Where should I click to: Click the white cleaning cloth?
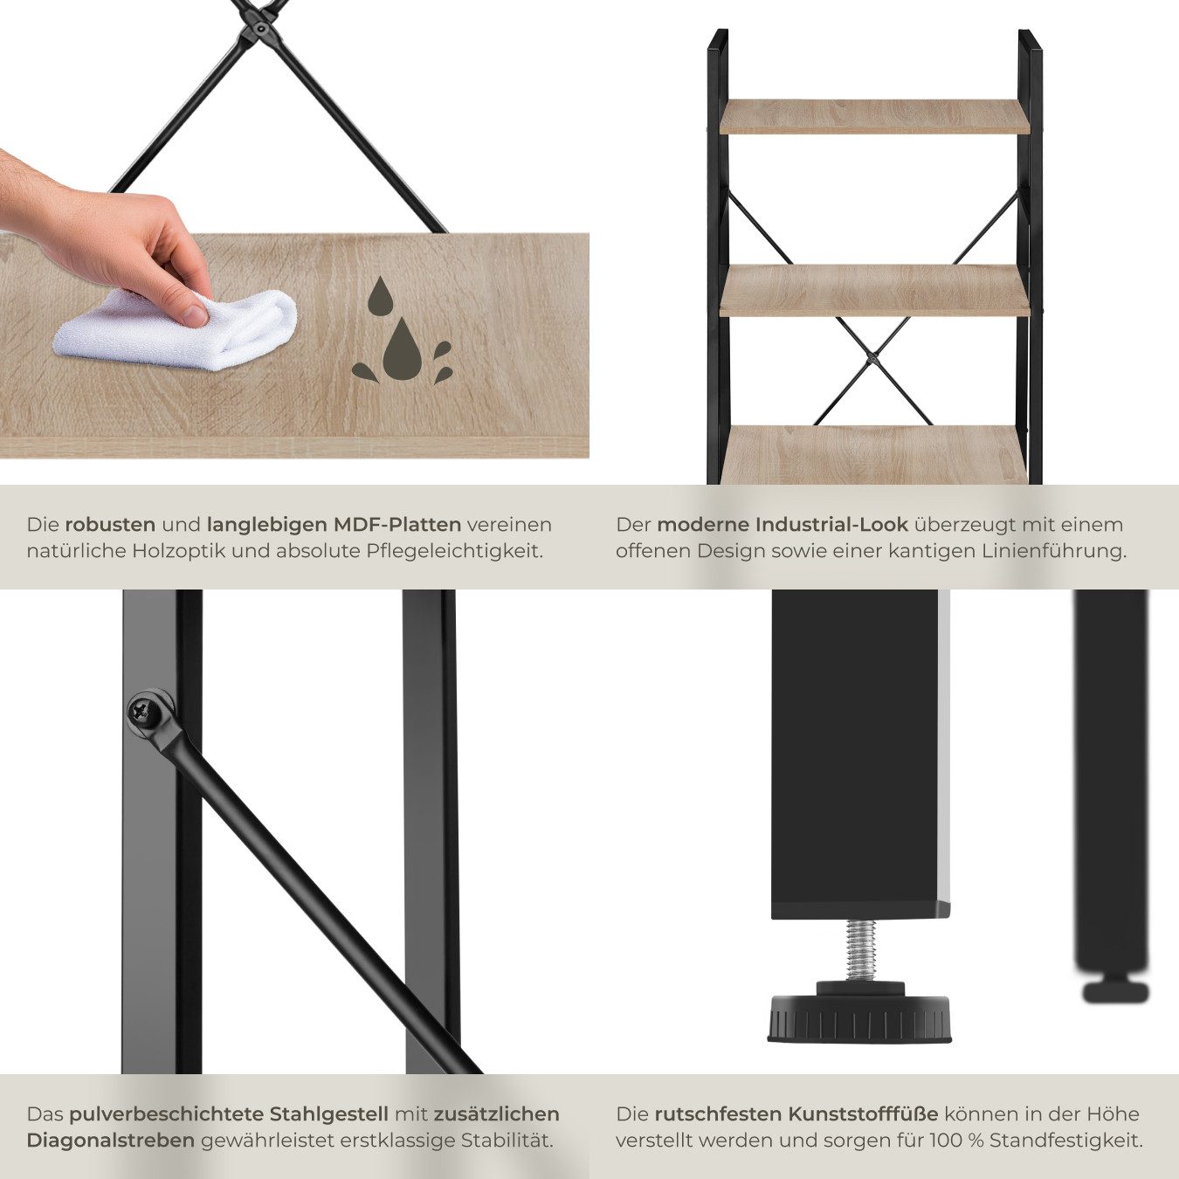coord(176,330)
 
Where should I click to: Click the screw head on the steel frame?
coord(146,712)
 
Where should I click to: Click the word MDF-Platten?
coord(397,524)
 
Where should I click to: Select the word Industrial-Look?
coord(832,524)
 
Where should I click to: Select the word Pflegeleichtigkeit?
coord(455,551)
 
